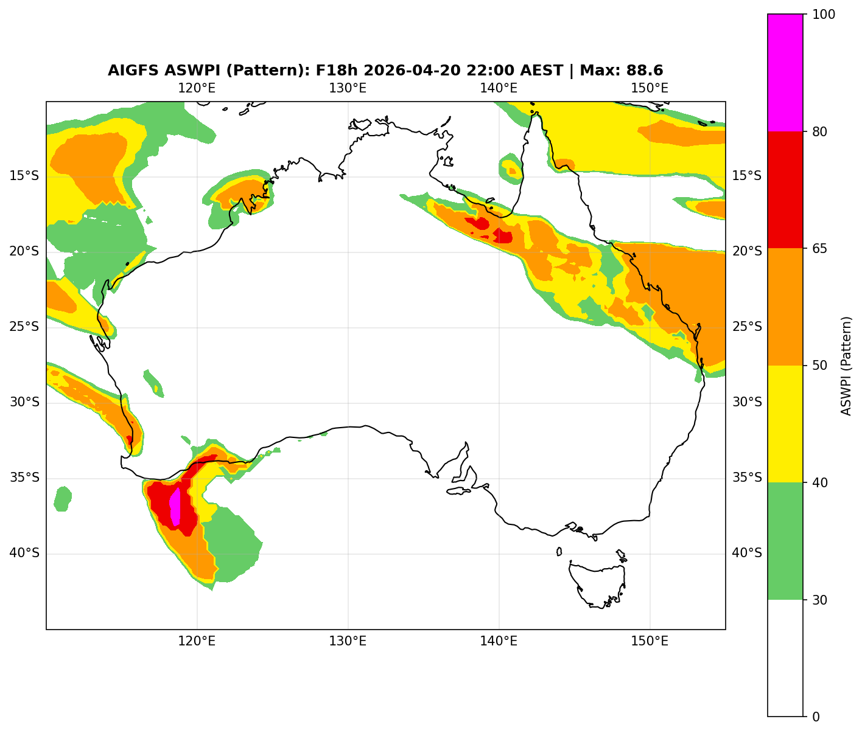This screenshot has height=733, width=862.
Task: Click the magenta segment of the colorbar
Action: [785, 72]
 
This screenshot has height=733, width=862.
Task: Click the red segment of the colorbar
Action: [785, 190]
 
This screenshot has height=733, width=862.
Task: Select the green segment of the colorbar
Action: [785, 541]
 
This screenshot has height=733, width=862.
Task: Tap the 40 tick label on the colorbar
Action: [819, 483]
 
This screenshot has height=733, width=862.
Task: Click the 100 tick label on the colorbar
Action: [822, 15]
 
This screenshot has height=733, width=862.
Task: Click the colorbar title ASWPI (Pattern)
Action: [846, 366]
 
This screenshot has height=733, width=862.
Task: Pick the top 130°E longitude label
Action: [348, 88]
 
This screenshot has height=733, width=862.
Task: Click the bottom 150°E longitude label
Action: [650, 641]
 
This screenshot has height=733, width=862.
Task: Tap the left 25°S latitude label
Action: [24, 327]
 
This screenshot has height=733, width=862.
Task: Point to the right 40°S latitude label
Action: [746, 554]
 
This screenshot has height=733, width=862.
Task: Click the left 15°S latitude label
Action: [24, 176]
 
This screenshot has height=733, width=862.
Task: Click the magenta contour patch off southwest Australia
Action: [175, 507]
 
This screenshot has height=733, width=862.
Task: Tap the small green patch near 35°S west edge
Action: [62, 499]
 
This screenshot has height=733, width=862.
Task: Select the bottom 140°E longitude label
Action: [499, 641]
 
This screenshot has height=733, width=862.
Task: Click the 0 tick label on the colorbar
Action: [816, 717]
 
